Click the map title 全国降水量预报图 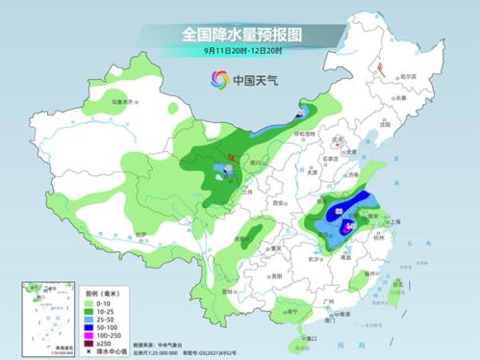[241, 34]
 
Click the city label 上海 [393, 220]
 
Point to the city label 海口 [309, 339]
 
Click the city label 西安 [279, 204]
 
